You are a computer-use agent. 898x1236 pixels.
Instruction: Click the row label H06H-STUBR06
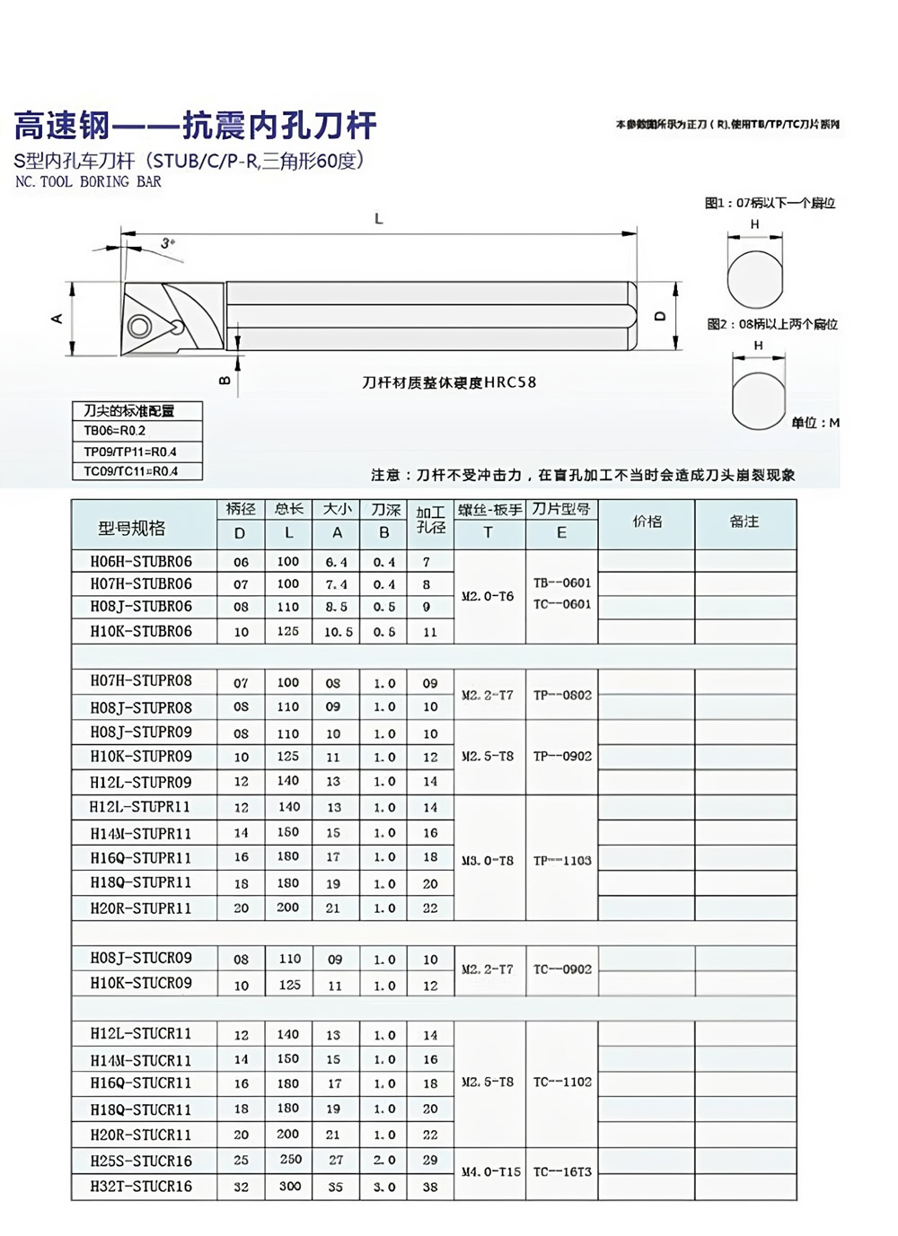click(x=141, y=562)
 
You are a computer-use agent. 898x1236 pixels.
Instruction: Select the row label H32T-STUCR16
click(x=141, y=1186)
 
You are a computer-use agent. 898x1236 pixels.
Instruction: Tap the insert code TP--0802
click(x=562, y=695)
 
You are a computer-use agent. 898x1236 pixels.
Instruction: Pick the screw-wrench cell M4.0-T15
click(x=490, y=1171)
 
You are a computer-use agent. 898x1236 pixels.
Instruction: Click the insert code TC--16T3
click(x=562, y=1171)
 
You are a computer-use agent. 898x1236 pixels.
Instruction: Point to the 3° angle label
click(x=168, y=242)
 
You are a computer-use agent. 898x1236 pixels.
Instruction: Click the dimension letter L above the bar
click(x=379, y=218)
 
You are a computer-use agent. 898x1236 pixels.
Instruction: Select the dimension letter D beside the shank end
click(x=660, y=317)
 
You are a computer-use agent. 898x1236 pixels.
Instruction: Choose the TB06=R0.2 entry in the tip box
click(x=115, y=431)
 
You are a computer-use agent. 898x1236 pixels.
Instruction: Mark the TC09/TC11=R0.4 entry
click(x=131, y=471)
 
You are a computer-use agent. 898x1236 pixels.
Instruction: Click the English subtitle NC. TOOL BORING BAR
click(x=88, y=182)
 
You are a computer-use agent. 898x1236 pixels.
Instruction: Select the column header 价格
click(x=647, y=522)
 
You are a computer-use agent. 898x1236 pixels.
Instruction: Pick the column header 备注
click(x=744, y=522)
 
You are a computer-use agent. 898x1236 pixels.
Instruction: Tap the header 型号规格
click(x=132, y=529)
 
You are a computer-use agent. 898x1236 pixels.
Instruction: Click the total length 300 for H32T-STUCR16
click(x=289, y=1186)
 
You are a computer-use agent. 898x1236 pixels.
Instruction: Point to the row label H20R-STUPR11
click(x=141, y=907)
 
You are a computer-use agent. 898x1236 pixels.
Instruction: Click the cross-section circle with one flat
click(x=755, y=279)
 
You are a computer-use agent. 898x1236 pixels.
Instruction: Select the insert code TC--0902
click(x=562, y=969)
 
